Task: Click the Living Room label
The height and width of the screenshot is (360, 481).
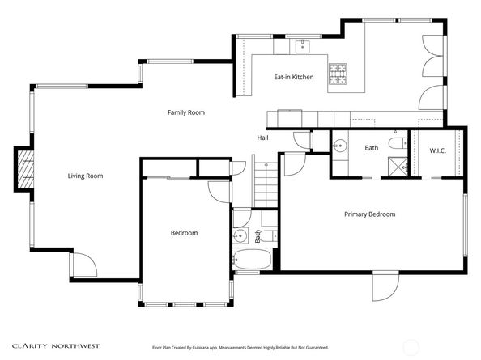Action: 85,176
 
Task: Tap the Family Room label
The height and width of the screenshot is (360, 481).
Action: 186,112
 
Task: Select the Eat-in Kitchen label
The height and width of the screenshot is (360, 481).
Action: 294,77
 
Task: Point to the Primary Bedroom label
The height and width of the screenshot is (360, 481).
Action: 369,214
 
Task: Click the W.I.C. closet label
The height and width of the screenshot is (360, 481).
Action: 438,150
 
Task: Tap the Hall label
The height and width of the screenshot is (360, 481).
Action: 263,138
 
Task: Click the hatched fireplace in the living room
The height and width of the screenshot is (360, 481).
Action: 25,168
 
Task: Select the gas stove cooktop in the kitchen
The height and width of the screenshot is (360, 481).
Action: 338,74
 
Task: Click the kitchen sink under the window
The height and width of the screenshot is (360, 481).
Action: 303,47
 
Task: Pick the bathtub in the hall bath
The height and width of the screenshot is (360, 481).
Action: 252,259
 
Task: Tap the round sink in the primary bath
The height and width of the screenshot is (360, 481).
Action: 340,146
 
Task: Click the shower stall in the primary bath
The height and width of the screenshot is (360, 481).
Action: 398,167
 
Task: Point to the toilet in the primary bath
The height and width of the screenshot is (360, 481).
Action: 398,143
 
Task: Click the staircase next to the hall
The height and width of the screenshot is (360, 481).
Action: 266,184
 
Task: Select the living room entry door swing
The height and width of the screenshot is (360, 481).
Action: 85,265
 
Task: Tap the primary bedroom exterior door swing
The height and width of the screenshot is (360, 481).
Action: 385,286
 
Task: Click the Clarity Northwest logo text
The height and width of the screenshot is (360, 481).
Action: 56,346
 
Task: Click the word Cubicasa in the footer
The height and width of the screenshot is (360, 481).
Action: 200,348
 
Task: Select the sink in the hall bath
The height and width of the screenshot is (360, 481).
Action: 240,235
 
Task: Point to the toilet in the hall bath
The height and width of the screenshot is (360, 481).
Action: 270,235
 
